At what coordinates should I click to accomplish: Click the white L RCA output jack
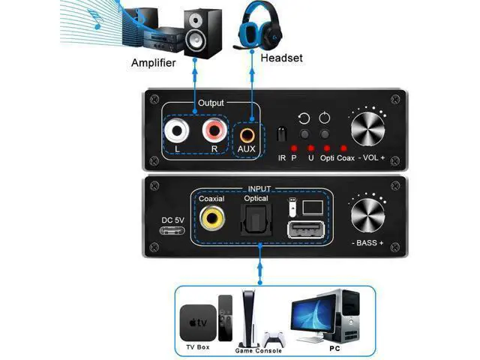tap(177, 130)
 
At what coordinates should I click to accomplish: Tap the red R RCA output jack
tap(214, 130)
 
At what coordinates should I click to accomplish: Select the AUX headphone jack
tap(247, 135)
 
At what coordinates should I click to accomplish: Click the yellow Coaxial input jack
tap(211, 218)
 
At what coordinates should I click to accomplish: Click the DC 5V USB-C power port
tap(172, 230)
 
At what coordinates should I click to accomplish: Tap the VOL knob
tap(367, 130)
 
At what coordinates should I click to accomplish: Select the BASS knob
tap(367, 215)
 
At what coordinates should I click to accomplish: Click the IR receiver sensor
tap(282, 133)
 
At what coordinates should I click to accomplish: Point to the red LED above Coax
tap(343, 148)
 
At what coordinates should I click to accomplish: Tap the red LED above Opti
tap(327, 148)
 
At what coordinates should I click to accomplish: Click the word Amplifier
tap(153, 63)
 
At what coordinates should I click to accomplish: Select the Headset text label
tap(282, 58)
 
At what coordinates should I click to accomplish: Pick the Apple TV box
tap(198, 323)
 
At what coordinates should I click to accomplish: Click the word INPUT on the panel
tap(259, 189)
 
